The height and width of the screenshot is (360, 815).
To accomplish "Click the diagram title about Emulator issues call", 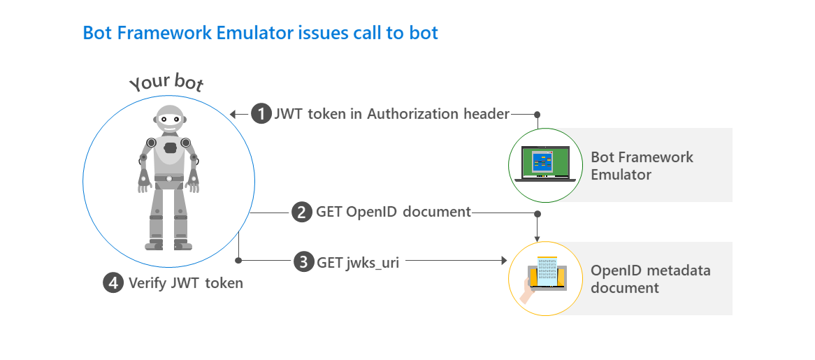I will (x=260, y=33).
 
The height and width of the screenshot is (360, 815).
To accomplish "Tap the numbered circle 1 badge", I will (x=261, y=114).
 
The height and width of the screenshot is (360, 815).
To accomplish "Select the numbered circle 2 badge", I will (x=301, y=212).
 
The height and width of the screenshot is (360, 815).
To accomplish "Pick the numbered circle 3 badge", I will (x=303, y=262).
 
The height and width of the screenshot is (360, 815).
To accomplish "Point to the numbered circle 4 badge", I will (x=113, y=282).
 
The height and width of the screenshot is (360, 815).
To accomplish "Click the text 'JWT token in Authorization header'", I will (x=392, y=114).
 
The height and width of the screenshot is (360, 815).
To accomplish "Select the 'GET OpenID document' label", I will (x=394, y=212).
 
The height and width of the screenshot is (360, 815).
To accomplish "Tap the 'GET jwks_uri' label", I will (x=358, y=262).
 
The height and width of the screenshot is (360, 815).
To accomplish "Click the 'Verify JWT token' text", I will (x=186, y=282).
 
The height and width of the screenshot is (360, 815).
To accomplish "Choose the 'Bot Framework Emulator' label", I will (x=642, y=165).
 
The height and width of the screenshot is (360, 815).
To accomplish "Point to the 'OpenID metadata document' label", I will (x=650, y=279).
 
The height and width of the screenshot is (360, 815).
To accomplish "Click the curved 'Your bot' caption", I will (x=166, y=82).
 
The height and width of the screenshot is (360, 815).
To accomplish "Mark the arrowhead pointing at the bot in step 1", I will (x=235, y=114).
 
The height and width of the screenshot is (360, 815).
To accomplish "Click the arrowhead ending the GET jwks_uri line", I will (x=502, y=261).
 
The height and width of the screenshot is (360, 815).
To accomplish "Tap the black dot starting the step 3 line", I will (x=239, y=261).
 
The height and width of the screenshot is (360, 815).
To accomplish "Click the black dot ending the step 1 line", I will (x=537, y=114).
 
